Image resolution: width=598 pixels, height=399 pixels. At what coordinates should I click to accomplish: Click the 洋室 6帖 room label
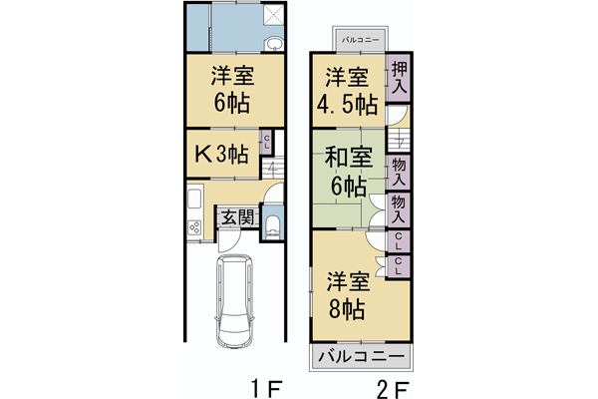coord(229,90)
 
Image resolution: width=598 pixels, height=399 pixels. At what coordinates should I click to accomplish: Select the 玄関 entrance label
coord(237,216)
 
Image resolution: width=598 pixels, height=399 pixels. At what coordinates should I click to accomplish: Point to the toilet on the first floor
coord(274,224)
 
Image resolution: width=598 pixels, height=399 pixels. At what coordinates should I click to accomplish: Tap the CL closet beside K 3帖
coord(266,143)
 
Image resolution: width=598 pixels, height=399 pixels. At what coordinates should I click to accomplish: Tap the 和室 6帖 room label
coord(348,171)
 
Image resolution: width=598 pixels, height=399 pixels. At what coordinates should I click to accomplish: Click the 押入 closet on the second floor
coord(399,78)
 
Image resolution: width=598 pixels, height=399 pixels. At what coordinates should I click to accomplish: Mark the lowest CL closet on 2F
coord(399,265)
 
